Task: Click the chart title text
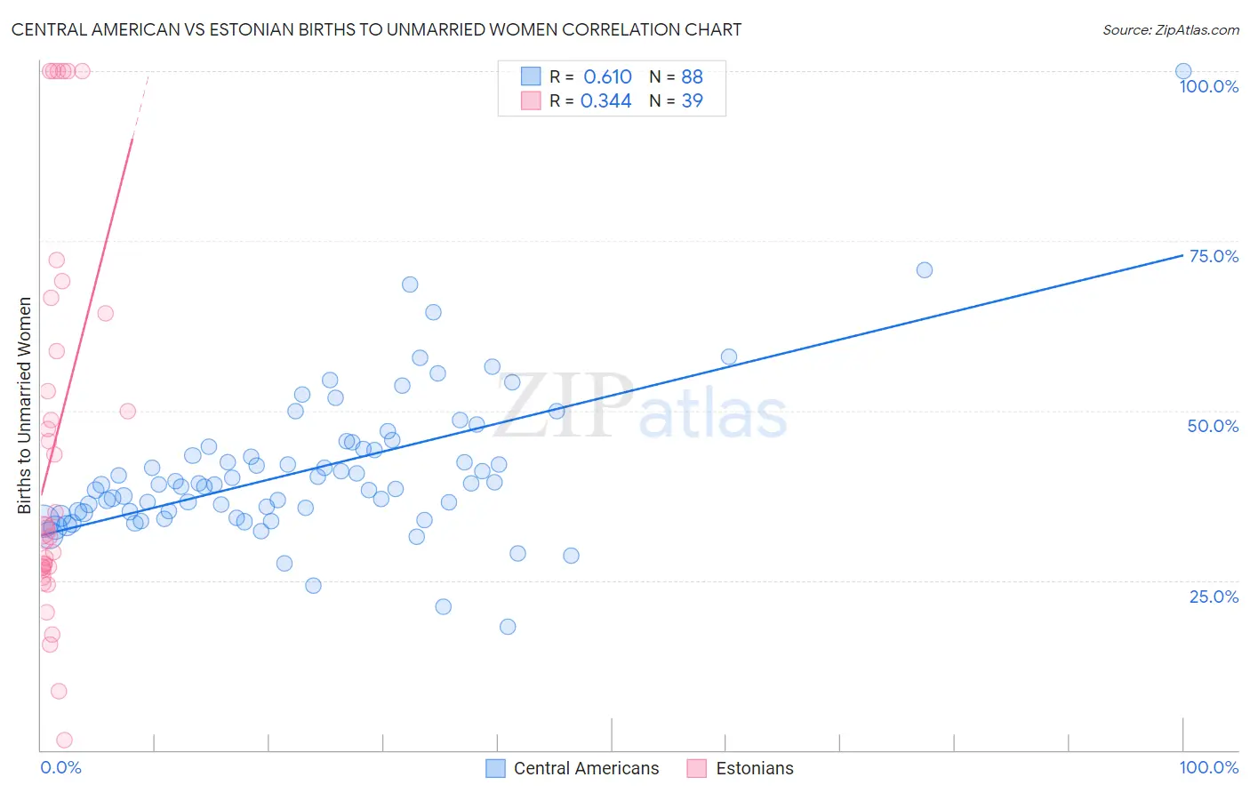click(376, 29)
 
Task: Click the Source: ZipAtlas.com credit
click(1170, 29)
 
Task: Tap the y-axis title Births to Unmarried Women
click(24, 405)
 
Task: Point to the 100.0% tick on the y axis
click(1208, 86)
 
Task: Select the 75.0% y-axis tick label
click(1214, 256)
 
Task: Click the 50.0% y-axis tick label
click(1213, 426)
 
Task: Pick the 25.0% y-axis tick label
click(1214, 597)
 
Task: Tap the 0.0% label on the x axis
click(60, 767)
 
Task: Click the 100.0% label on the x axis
click(1208, 767)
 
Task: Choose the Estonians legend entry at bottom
click(754, 768)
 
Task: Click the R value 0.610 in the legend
click(607, 76)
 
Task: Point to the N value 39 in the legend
click(692, 100)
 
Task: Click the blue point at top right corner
click(1183, 71)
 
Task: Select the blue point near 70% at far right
click(925, 269)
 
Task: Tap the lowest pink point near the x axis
click(64, 740)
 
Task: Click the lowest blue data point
click(508, 626)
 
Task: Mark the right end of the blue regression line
click(1183, 254)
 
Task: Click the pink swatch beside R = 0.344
click(531, 100)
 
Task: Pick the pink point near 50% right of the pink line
click(128, 411)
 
